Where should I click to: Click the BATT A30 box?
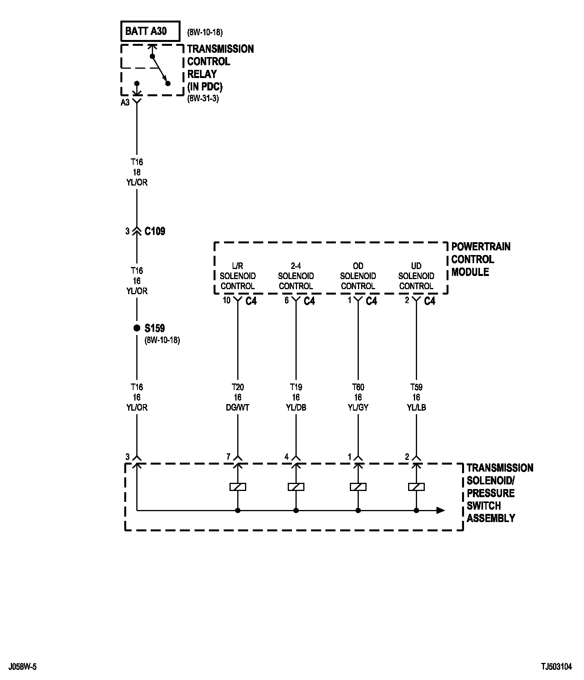coord(150,31)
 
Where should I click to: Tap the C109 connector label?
coord(155,231)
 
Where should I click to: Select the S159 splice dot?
coord(137,328)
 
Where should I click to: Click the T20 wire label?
coord(238,387)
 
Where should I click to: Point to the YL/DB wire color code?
coord(296,408)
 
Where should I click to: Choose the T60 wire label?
coord(358,387)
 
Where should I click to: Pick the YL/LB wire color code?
coord(416,408)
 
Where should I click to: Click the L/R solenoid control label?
coord(238,276)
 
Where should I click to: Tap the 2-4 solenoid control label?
coord(296,276)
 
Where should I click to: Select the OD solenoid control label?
coord(358,276)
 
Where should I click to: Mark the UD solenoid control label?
coord(416,276)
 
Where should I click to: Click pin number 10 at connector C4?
coord(226,300)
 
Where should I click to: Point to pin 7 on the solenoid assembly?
coord(228,457)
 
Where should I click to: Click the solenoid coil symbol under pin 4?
coord(296,487)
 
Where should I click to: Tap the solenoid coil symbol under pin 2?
coord(416,487)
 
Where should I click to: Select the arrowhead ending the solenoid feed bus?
coord(440,510)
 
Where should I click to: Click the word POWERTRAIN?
coord(481,247)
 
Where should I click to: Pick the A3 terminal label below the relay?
coord(125,102)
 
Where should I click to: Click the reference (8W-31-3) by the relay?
coord(203,98)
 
